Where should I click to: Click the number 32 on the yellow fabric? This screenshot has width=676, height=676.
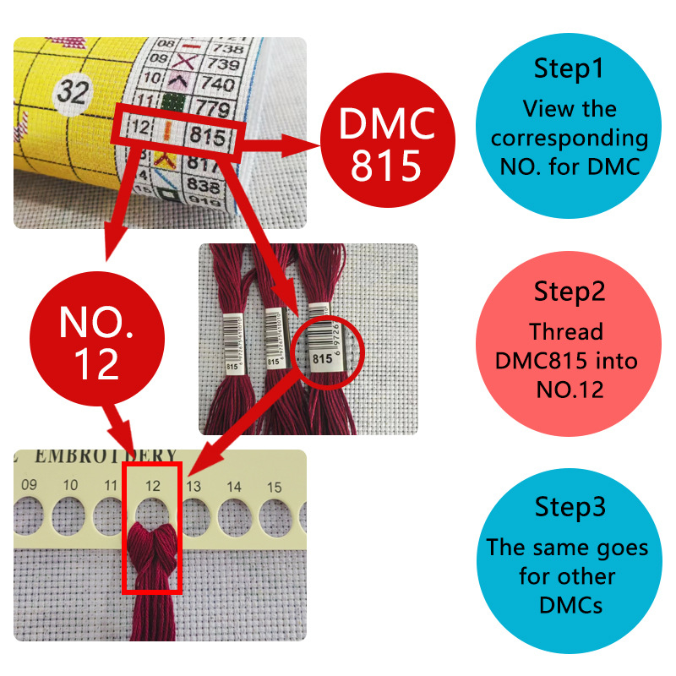(74, 93)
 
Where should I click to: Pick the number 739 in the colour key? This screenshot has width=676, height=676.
(223, 65)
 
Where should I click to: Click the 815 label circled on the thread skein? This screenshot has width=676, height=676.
(322, 358)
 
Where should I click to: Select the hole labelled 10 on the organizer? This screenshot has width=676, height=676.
(71, 515)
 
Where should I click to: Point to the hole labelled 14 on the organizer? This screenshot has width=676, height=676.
(235, 515)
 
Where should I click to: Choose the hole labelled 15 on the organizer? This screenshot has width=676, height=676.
(275, 515)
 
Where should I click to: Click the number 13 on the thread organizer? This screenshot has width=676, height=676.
(193, 486)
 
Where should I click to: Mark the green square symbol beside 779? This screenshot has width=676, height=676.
(174, 106)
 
